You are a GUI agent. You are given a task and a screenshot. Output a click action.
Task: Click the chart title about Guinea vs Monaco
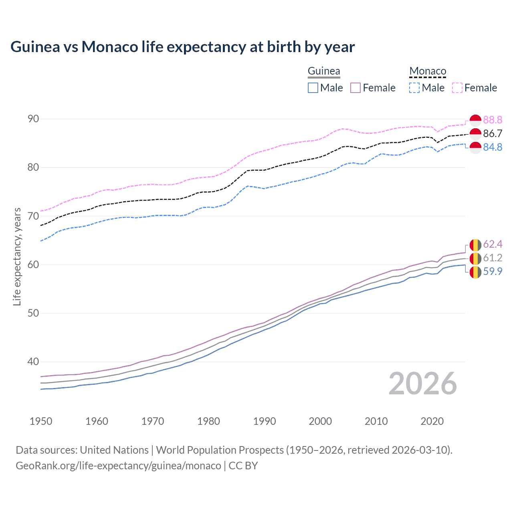point(182,47)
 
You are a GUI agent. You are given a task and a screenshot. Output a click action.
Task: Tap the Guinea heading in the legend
point(323,71)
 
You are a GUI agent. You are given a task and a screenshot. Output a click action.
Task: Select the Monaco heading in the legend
point(428,71)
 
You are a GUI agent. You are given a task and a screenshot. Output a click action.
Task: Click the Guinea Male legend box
point(313,88)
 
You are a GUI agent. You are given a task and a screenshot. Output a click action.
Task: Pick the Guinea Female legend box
point(355,88)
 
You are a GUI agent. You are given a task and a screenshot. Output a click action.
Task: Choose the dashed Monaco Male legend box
point(414,88)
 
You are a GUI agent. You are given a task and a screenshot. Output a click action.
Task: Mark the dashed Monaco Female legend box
point(457,88)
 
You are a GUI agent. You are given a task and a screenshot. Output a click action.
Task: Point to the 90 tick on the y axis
point(33,119)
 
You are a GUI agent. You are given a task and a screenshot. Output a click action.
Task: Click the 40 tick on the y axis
point(33,362)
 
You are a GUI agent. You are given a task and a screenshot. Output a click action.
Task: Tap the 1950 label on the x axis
point(41,421)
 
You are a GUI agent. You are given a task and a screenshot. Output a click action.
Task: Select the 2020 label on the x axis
point(432,421)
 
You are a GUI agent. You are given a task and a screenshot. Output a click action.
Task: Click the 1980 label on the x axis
point(209,421)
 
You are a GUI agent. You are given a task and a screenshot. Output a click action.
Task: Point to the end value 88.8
point(493,120)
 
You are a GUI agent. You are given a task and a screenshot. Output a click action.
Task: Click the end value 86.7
point(493,133)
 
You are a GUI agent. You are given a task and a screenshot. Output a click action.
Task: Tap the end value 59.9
point(493,271)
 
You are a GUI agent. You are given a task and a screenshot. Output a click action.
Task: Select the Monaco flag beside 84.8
point(475,147)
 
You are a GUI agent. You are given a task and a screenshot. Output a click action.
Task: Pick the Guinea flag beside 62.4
point(475,244)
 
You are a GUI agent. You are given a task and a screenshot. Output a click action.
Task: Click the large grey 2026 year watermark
point(423,384)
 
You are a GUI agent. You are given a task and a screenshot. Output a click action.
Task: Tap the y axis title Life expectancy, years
point(17,256)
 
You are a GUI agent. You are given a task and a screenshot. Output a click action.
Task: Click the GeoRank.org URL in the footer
point(118,466)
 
